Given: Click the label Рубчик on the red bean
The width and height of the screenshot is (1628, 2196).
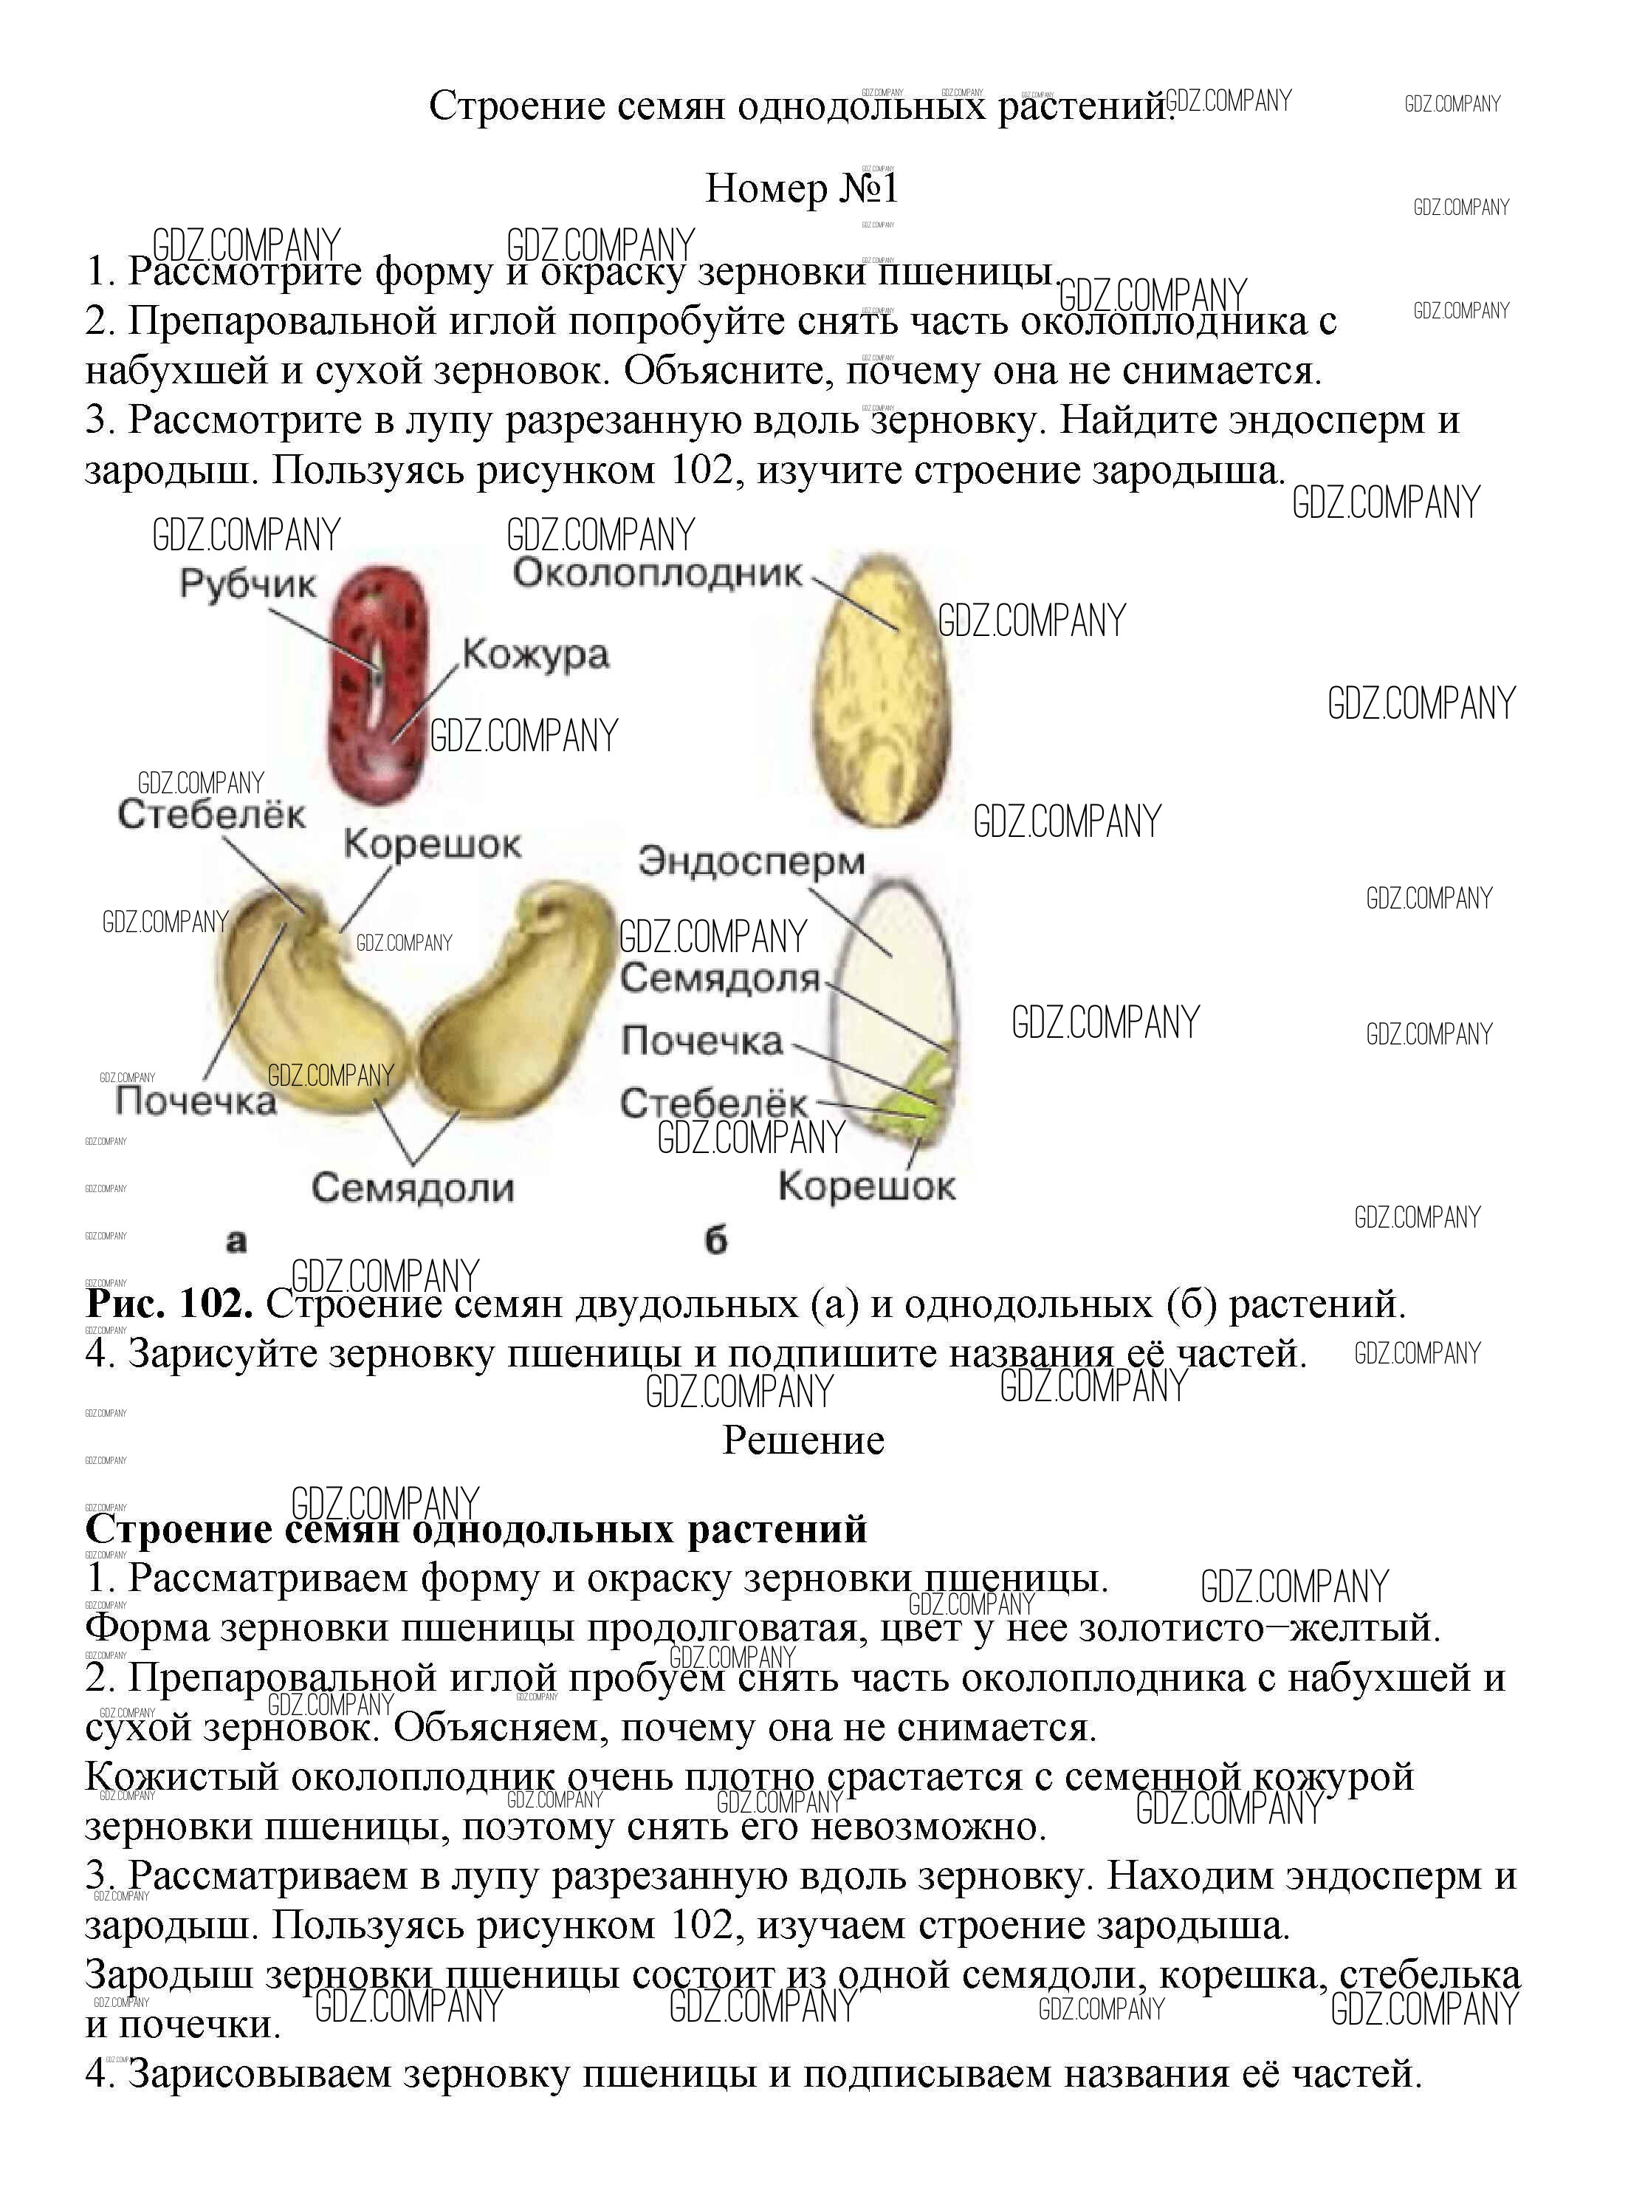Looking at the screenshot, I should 247,584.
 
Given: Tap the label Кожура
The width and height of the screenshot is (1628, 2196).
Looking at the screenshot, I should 535,654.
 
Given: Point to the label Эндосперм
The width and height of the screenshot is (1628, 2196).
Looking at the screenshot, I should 751,861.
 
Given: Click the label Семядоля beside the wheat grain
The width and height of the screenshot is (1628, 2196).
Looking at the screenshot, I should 721,979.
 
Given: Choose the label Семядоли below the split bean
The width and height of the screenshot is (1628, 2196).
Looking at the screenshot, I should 413,1188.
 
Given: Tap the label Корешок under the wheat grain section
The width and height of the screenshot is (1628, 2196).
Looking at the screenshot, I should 866,1186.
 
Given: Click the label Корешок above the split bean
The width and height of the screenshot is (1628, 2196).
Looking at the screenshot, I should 432,845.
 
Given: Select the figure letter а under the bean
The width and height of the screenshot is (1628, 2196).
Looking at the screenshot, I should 236,1241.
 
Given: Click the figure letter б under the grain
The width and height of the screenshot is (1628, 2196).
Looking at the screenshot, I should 716,1241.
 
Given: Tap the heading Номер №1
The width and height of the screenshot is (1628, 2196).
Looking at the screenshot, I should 801,188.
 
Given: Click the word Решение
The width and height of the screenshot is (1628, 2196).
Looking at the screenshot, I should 803,1441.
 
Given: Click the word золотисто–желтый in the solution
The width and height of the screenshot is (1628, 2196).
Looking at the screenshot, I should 1260,1627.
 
